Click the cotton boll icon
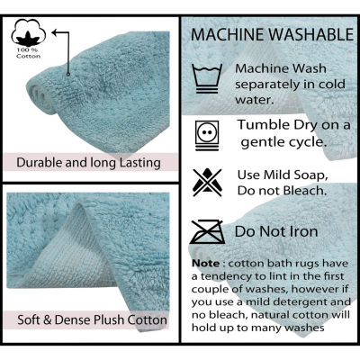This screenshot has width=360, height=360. point(29,32)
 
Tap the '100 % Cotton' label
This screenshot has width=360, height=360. point(29,53)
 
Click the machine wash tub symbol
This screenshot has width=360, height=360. point(207,78)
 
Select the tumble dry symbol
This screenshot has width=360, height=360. point(207,135)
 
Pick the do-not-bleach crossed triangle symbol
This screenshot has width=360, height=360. point(207,183)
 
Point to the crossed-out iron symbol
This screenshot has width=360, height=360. point(207,231)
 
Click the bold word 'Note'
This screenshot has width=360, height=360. point(205,264)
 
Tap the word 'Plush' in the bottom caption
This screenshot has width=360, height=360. point(109,319)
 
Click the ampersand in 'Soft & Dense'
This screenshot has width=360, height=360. point(48,319)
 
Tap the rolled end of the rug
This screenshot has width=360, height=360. point(40,96)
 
